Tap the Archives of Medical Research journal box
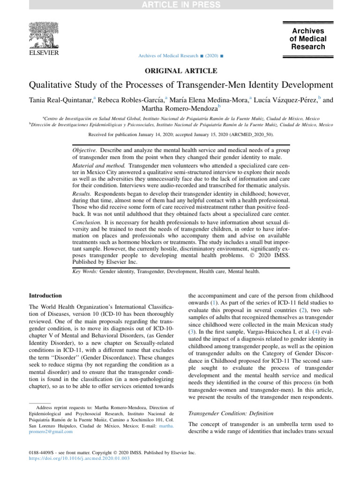coord(307,39)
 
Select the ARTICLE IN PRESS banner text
coord(180,5)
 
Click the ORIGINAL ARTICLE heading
coord(180,71)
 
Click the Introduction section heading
coord(45,296)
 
